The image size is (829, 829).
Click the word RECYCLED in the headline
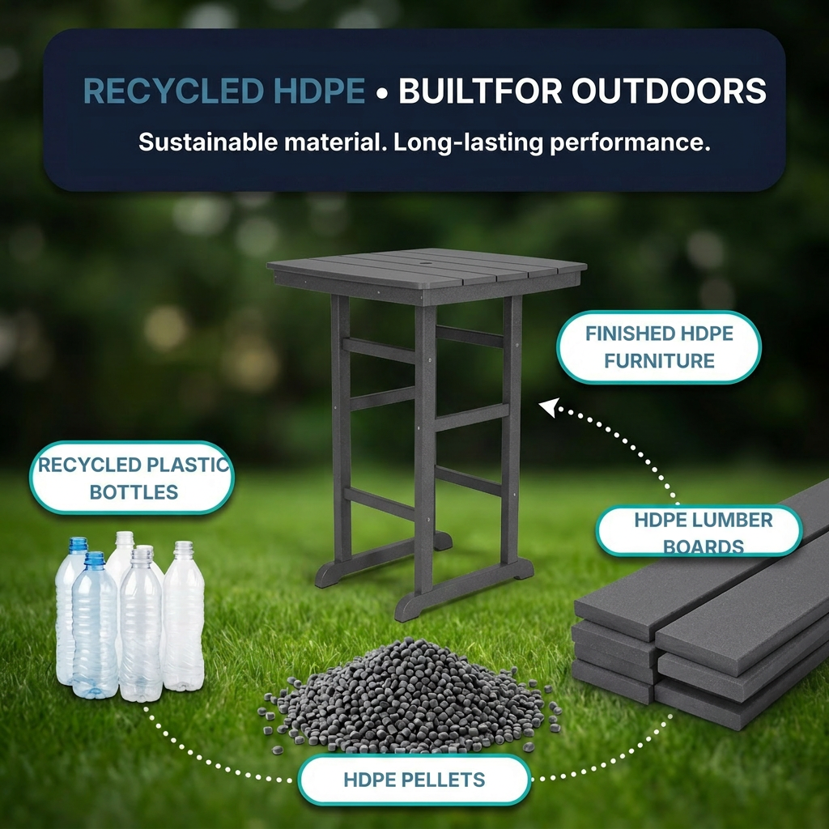pyautogui.click(x=173, y=91)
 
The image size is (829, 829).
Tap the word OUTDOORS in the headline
pyautogui.click(x=669, y=91)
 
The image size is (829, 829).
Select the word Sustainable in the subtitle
pyautogui.click(x=208, y=142)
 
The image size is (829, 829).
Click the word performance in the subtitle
pyautogui.click(x=630, y=143)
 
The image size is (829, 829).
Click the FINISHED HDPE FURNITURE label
pyautogui.click(x=659, y=347)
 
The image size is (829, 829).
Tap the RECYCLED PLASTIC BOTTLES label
pyautogui.click(x=132, y=478)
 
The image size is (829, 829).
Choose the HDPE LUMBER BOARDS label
pyautogui.click(x=699, y=531)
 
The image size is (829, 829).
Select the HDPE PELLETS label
pyautogui.click(x=414, y=780)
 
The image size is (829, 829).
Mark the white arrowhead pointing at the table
pyautogui.click(x=548, y=407)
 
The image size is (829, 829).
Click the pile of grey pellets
pyautogui.click(x=410, y=697)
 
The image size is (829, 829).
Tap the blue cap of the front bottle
pyautogui.click(x=95, y=559)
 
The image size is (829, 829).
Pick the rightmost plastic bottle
pyautogui.click(x=184, y=616)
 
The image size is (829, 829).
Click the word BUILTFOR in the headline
pyautogui.click(x=479, y=91)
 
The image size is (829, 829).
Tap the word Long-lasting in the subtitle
pyautogui.click(x=468, y=143)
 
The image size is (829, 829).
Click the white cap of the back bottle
pyautogui.click(x=125, y=538)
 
